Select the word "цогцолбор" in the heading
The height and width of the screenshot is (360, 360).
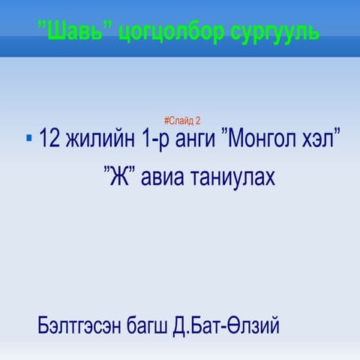[157, 33]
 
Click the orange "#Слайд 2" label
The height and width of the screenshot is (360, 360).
[181, 120]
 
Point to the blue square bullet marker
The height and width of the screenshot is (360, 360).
[28, 138]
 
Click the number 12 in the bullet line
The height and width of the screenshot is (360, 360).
[49, 139]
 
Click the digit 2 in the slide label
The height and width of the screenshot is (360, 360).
[198, 120]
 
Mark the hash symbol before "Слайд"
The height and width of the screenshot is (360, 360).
[165, 120]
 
